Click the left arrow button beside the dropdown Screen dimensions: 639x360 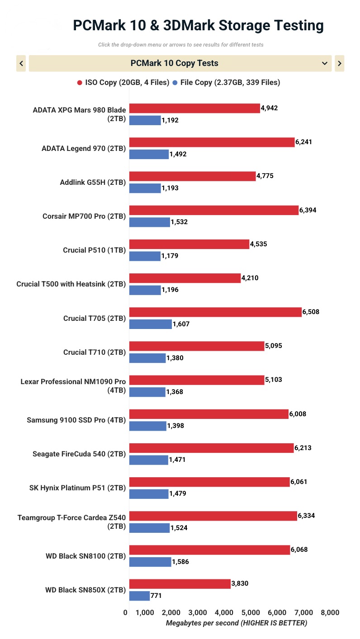21,63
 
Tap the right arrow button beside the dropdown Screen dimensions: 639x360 340,63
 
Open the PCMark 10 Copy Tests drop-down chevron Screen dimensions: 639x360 324,63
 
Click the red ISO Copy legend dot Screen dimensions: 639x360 80,83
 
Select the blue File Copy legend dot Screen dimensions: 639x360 175,83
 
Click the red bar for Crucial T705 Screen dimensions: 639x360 215,312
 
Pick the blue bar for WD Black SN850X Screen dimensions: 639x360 139,596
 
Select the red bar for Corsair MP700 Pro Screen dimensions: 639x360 214,210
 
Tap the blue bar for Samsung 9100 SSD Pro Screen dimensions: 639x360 148,426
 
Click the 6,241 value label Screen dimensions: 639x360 303,142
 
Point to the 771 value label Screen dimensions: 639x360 156,596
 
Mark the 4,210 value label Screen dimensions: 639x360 250,278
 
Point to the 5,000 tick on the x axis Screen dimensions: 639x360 250,613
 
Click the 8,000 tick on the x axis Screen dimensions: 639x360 330,613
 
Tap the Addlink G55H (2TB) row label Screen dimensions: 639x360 93,183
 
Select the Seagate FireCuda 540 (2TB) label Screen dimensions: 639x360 79,454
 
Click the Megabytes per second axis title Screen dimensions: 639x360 236,623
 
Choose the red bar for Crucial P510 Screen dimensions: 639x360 189,244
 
